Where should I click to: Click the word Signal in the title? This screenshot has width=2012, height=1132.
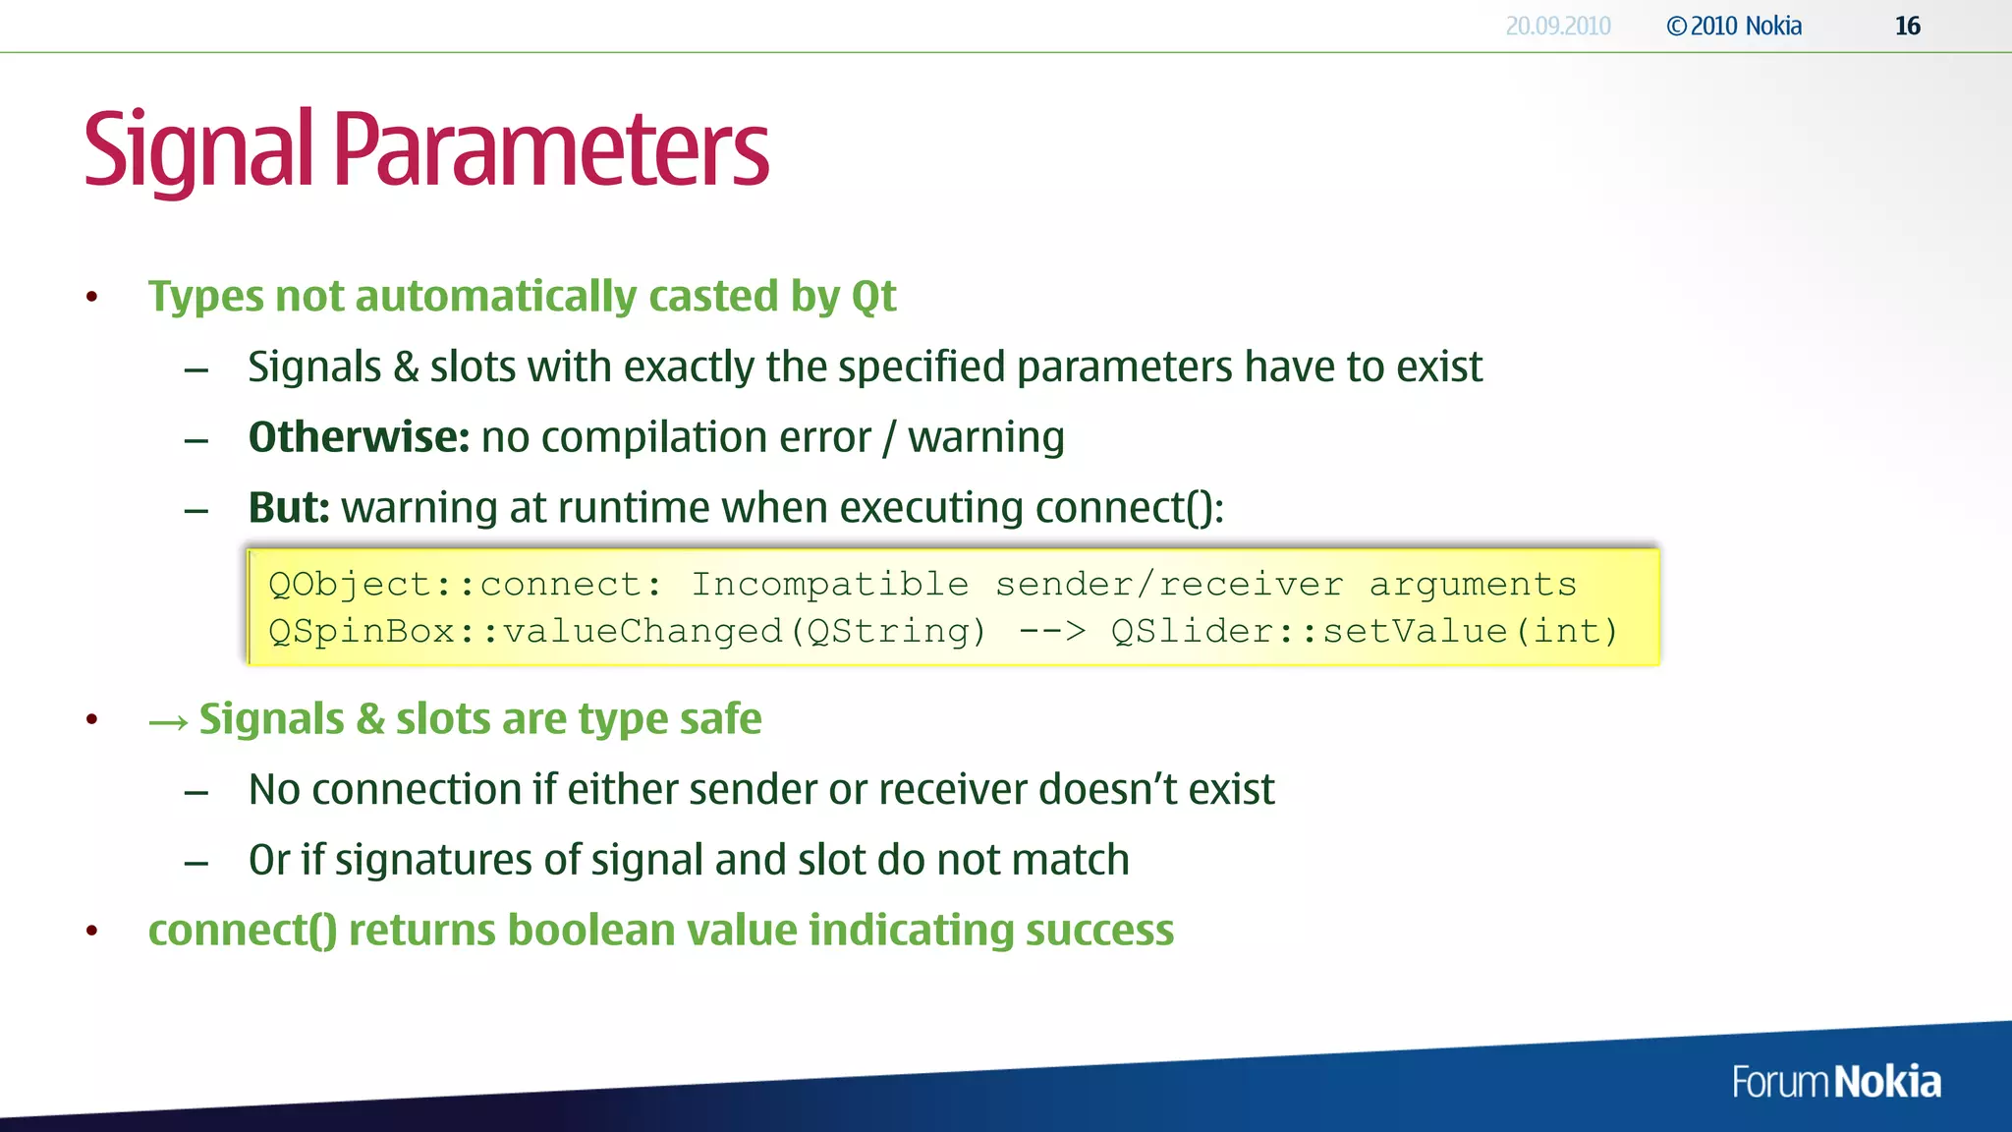point(197,150)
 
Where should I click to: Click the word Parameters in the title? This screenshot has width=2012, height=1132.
point(551,150)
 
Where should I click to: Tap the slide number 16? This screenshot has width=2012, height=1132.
point(1907,27)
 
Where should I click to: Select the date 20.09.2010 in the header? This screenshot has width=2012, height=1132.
point(1557,27)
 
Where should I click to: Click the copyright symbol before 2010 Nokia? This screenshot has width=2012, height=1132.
point(1676,27)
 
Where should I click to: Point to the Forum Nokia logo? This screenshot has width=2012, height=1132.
point(1835,1082)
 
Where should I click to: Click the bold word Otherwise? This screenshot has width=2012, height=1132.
point(359,437)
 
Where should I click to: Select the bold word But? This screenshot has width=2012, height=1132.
point(289,508)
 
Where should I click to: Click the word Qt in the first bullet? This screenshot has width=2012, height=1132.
point(873,297)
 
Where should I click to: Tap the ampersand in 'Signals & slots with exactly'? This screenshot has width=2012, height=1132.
point(406,368)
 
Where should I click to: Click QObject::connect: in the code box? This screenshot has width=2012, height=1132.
point(465,585)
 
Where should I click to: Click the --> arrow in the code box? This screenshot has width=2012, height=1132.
point(1051,631)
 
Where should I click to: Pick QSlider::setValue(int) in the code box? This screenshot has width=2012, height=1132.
point(1364,631)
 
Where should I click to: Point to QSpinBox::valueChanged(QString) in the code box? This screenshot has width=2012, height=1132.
point(627,631)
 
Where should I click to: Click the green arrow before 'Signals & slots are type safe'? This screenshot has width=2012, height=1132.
point(168,722)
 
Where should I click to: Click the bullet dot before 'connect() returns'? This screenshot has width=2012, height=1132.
point(91,931)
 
